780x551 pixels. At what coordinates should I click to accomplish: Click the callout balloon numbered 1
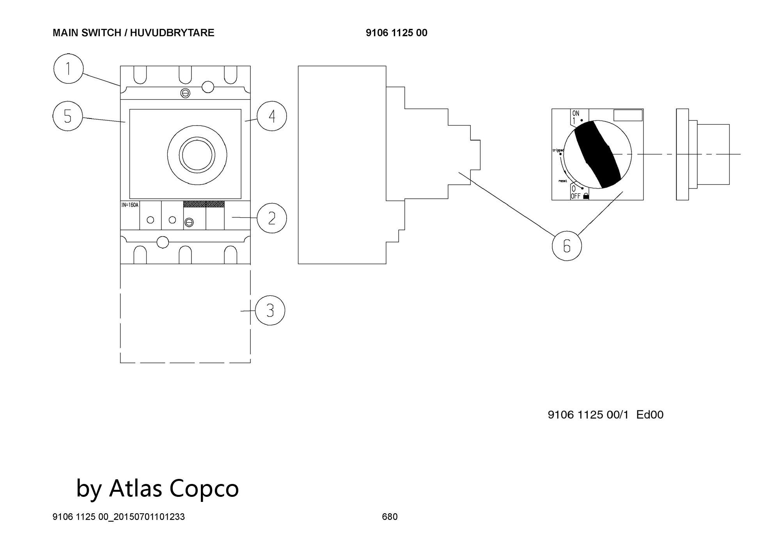coord(68,69)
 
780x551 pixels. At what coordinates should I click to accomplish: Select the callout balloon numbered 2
coord(272,218)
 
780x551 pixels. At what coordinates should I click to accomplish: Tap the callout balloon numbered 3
coord(270,311)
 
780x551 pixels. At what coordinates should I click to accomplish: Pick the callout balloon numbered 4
coord(272,116)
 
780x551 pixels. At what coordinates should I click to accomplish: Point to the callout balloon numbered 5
coord(67,116)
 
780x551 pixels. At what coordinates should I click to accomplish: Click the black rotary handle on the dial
coord(597,154)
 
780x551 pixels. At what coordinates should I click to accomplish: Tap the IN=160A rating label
coord(130,205)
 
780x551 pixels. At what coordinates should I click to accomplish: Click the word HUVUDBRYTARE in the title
coord(172,33)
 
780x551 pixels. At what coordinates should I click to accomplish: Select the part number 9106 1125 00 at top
coord(396,33)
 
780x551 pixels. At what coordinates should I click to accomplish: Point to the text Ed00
coord(649,415)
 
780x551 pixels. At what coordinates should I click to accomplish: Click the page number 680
coord(390,517)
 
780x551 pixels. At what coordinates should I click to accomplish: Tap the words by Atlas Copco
coord(157,488)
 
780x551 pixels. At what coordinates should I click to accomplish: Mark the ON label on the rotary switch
coord(576,113)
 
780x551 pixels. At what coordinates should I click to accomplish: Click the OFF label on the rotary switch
coord(576,196)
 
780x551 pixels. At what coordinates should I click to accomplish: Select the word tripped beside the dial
coord(558,150)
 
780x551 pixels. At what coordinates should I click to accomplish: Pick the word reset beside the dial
coord(562,181)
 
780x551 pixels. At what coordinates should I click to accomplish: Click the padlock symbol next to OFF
coord(585,196)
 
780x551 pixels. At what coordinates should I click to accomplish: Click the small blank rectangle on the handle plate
coord(628,115)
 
